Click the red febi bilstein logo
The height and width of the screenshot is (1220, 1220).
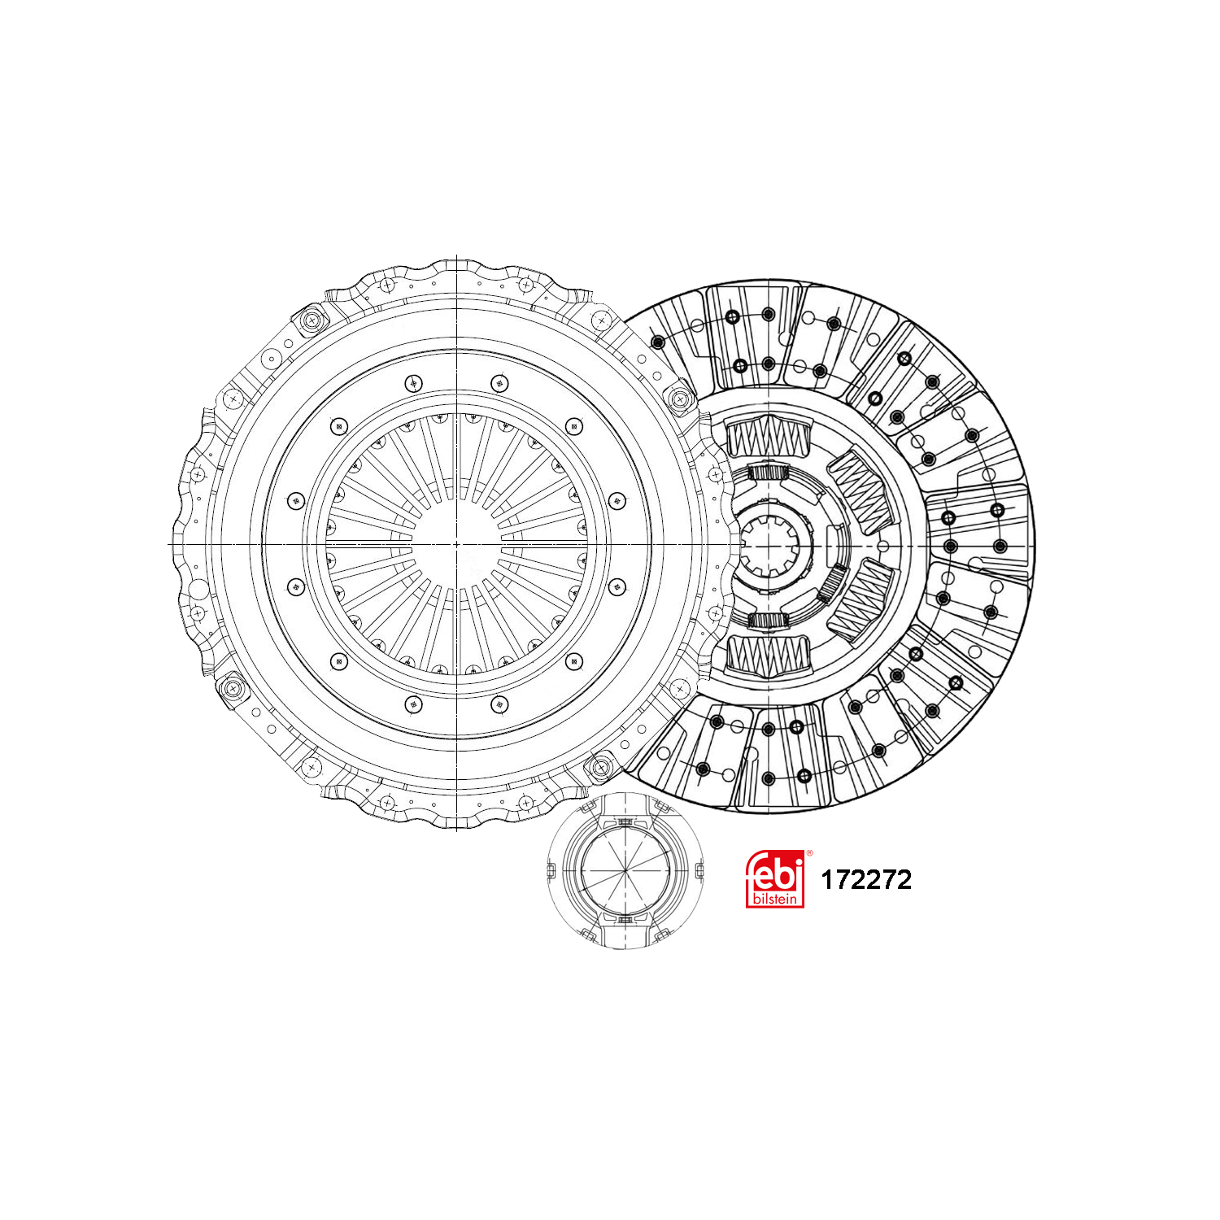[x=775, y=879]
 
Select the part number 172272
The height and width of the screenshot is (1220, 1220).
[x=866, y=880]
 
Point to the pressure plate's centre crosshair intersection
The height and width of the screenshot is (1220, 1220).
[x=457, y=543]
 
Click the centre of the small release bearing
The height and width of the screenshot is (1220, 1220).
[x=624, y=870]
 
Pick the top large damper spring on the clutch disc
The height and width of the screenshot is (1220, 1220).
[x=769, y=437]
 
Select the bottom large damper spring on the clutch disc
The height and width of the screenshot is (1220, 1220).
[x=769, y=655]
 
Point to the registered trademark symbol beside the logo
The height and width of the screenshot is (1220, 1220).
[x=808, y=853]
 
